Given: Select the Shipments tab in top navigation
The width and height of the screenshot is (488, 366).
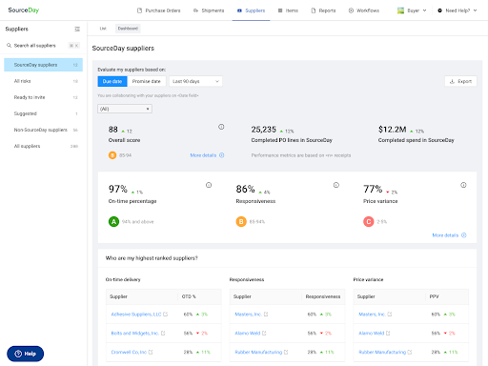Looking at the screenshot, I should click(x=207, y=10).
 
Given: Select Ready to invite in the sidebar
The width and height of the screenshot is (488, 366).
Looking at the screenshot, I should click(x=30, y=97).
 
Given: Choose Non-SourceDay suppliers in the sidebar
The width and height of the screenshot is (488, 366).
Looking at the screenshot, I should click(x=41, y=129).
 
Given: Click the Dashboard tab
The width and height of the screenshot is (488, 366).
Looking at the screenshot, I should click(x=128, y=29).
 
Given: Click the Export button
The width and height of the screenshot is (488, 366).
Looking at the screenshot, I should click(x=460, y=81).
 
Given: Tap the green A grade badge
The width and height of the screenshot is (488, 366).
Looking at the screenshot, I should click(x=112, y=221).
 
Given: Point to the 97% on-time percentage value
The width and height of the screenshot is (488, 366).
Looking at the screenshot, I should click(x=118, y=190).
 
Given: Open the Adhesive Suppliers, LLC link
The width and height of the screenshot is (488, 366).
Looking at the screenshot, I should click(x=137, y=313).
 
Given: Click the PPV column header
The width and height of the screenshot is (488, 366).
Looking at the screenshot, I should click(x=437, y=295).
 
